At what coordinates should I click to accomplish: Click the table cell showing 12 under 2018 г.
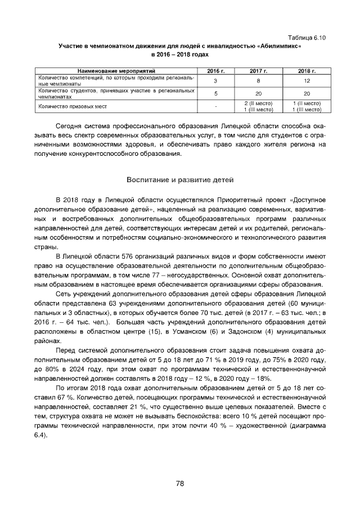[x=307, y=81]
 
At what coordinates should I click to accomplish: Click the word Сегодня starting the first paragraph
[x=71, y=125]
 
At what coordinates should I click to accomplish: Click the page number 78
[x=180, y=483]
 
